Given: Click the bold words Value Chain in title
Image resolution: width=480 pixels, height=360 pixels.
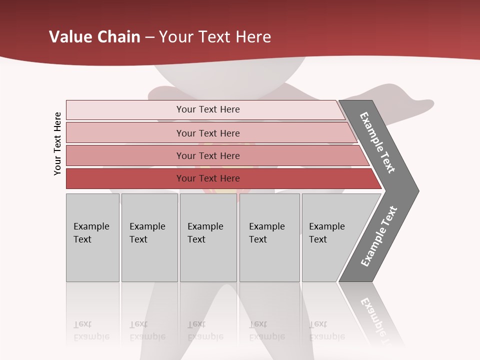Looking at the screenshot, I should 94,37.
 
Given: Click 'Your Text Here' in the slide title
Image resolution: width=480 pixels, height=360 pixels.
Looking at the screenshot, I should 215,37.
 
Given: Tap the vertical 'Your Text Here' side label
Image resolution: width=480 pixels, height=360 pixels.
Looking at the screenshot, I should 57,143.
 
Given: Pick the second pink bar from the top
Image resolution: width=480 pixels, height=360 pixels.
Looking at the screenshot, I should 207,133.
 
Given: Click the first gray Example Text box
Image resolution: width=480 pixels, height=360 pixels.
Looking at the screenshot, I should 92,237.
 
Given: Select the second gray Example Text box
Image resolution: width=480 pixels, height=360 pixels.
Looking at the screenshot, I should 149,237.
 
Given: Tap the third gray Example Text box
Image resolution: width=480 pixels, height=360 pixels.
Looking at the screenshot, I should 207,237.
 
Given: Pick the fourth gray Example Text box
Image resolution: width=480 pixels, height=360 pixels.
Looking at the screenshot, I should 269,237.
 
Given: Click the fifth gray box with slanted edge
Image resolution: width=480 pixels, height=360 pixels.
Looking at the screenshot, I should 330,237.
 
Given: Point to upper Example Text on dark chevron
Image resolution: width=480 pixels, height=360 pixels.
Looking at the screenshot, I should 378,142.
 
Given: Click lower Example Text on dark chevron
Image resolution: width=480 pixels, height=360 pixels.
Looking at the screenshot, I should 379,236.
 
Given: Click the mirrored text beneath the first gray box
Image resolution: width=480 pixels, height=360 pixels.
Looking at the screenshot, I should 91,330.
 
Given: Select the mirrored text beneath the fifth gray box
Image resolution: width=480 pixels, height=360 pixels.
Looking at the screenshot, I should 326,330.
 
